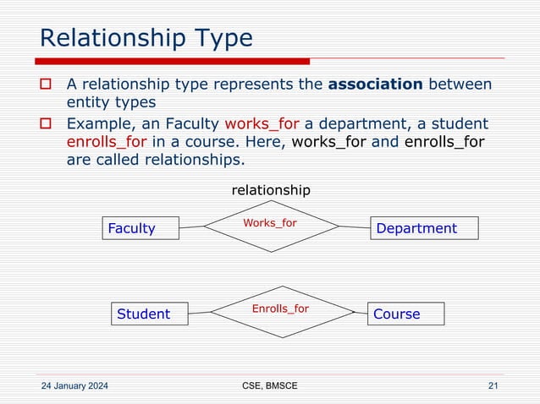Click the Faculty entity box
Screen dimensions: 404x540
tap(140, 228)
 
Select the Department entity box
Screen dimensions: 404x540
tap(424, 228)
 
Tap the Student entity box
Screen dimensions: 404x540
tap(149, 314)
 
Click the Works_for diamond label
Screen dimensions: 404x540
tap(270, 223)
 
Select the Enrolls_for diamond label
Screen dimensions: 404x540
tap(280, 308)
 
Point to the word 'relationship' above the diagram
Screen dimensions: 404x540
tap(271, 190)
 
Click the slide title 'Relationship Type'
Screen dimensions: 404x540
tap(146, 38)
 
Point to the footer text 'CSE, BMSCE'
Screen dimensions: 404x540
tap(269, 386)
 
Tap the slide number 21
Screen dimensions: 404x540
tap(493, 386)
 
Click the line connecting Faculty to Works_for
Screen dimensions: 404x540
tap(193, 227)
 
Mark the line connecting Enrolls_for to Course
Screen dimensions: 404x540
tap(361, 312)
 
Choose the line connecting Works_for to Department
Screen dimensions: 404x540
tap(355, 227)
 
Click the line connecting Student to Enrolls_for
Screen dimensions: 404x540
tap(199, 313)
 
